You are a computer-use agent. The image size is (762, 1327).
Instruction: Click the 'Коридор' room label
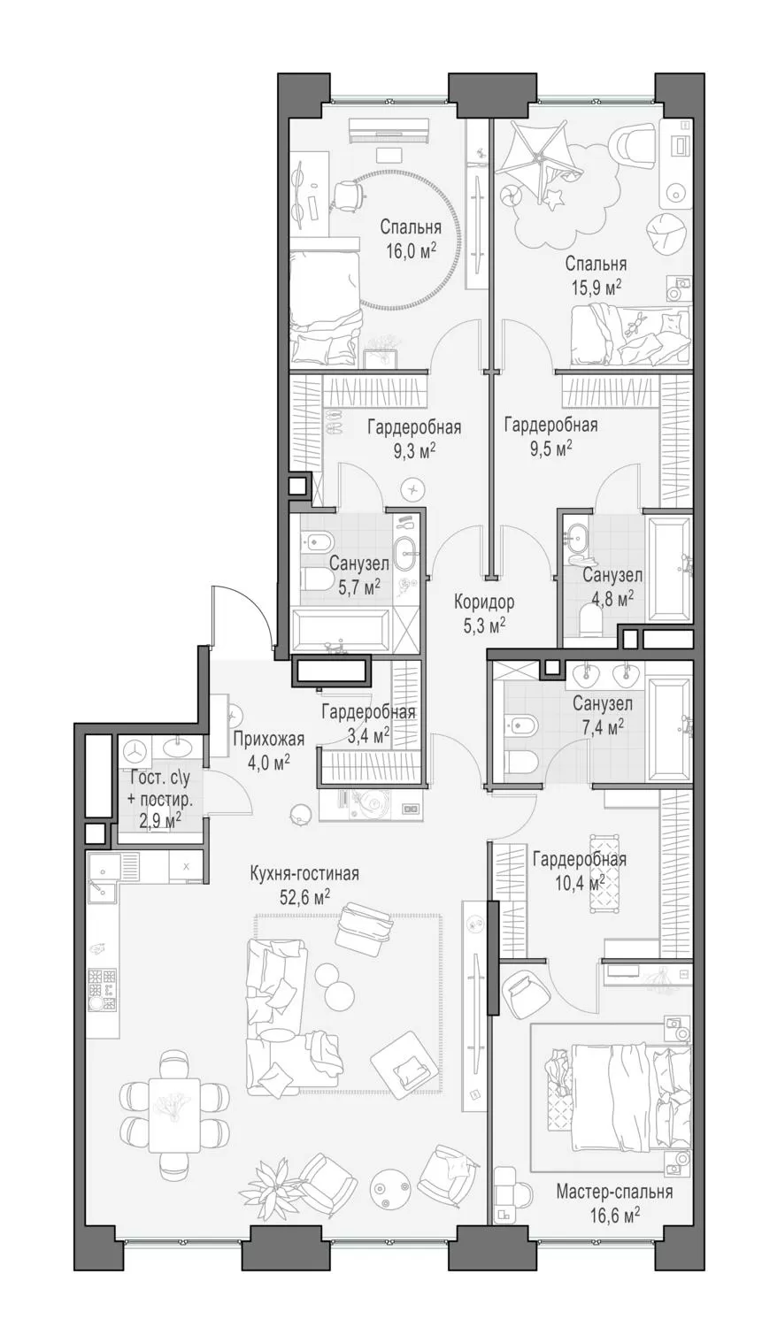click(x=484, y=602)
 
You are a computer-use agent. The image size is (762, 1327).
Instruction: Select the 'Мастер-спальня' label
click(x=614, y=1192)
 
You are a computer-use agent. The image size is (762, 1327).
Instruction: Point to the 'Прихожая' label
click(x=268, y=739)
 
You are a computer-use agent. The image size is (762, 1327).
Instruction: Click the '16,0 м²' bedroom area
click(x=411, y=250)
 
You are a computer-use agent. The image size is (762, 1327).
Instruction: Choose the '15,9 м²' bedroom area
click(x=596, y=287)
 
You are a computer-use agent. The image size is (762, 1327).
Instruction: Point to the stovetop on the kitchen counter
click(x=103, y=989)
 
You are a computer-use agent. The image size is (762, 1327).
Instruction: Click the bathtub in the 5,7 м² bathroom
click(x=340, y=631)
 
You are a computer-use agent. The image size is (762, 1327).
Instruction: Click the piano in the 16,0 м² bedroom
click(x=389, y=130)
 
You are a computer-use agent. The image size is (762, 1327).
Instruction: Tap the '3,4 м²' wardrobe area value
click(x=367, y=734)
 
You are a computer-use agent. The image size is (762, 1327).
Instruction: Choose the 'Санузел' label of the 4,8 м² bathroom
click(x=612, y=575)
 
